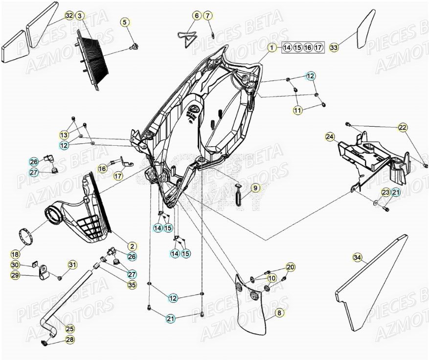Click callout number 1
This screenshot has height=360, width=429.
pos(271,47)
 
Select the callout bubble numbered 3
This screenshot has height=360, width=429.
pos(80,16)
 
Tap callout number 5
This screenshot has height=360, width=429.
pos(125,22)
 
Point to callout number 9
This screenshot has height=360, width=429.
pos(254,187)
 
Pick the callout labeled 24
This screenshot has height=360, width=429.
pos(330,137)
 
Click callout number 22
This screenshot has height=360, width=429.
pos(402,128)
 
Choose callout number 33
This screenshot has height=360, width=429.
pos(334,47)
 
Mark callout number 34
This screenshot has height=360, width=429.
pos(357,257)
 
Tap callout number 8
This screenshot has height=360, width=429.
pos(278,313)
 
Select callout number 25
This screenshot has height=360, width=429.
pos(70,329)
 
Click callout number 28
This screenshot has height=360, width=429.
pos(70,340)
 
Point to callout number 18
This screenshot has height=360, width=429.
pos(15,254)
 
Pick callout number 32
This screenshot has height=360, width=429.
pos(68,16)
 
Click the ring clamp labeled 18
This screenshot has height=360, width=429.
pos(26,236)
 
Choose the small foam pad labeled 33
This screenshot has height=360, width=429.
pos(364,30)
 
